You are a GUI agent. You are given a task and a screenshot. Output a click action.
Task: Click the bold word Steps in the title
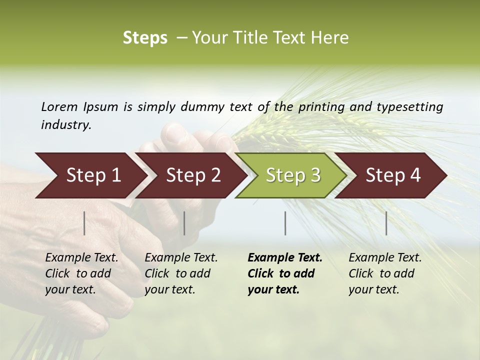[145, 38]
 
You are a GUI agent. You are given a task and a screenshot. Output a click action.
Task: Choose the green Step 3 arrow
[293, 175]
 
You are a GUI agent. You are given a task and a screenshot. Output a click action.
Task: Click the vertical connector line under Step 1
[84, 223]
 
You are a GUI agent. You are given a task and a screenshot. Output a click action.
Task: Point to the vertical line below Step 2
[184, 223]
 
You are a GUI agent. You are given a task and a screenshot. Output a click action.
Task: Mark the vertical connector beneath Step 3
[285, 223]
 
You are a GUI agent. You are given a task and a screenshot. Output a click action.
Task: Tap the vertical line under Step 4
[386, 223]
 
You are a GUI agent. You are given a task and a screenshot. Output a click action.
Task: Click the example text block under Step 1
[81, 273]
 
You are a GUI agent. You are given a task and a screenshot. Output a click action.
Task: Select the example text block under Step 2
[181, 273]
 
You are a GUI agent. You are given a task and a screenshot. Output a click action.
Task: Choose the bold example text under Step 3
[284, 273]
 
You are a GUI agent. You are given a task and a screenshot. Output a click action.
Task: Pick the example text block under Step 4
[385, 273]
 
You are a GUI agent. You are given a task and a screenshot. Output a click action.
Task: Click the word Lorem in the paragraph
[59, 107]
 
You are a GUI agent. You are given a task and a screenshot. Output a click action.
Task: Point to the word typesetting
[413, 107]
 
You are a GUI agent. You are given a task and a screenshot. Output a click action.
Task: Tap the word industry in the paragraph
[66, 125]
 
